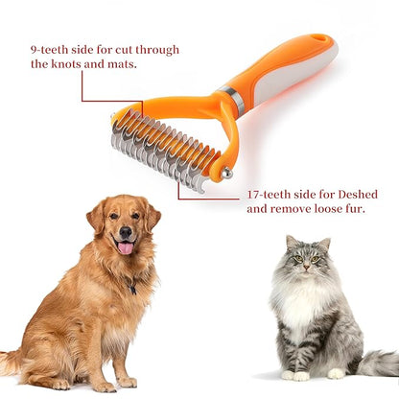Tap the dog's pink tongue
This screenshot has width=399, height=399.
pos(125,247)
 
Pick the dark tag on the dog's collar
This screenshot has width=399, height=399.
pos(133,287)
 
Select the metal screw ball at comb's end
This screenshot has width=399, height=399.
pos(226,174)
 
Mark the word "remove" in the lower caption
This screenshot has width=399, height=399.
pos(293,208)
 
